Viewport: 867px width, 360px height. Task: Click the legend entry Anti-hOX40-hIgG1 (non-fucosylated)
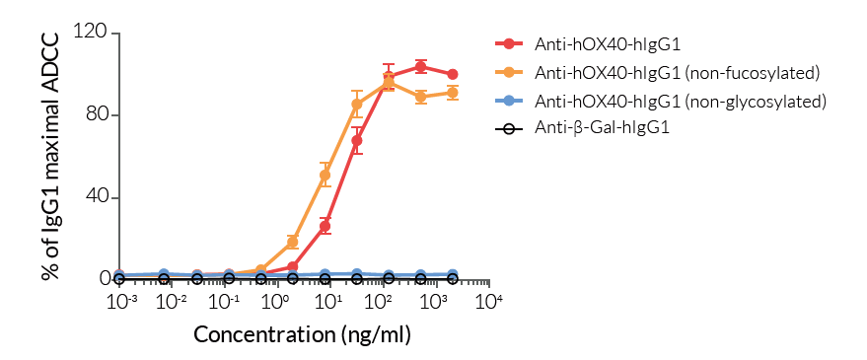[x=678, y=72]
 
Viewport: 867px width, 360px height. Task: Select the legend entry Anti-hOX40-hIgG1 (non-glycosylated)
[x=680, y=101]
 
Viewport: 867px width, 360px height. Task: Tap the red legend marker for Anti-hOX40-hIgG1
[x=509, y=43]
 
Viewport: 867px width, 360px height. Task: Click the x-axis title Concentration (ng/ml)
[x=302, y=333]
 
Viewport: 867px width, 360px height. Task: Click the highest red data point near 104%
[x=420, y=67]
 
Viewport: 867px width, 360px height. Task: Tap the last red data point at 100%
[x=452, y=74]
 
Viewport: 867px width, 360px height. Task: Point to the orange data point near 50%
[x=325, y=176]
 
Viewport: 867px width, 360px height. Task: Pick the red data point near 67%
[x=357, y=140]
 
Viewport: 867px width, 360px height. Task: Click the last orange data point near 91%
[x=452, y=93]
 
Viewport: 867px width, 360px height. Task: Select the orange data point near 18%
[x=292, y=242]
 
